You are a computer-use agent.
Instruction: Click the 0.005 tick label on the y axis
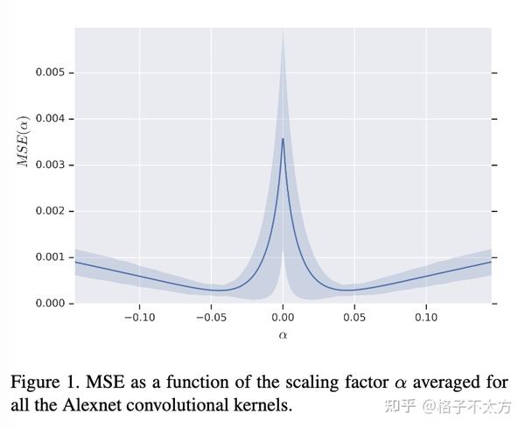click(49, 73)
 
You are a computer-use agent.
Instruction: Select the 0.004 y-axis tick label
click(49, 119)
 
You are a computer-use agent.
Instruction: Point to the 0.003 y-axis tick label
click(49, 165)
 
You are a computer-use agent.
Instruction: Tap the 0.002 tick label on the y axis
click(49, 211)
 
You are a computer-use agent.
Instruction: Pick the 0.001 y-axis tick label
click(49, 257)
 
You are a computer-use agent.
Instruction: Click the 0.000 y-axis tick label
click(49, 304)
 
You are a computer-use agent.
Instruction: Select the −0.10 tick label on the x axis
click(137, 318)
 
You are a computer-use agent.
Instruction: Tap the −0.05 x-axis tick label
click(209, 318)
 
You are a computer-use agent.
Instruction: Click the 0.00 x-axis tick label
click(283, 318)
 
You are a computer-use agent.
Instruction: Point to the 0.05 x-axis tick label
click(354, 318)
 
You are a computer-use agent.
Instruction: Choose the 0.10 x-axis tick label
click(426, 318)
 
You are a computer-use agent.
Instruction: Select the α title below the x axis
click(283, 334)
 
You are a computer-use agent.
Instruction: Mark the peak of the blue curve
click(283, 138)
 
